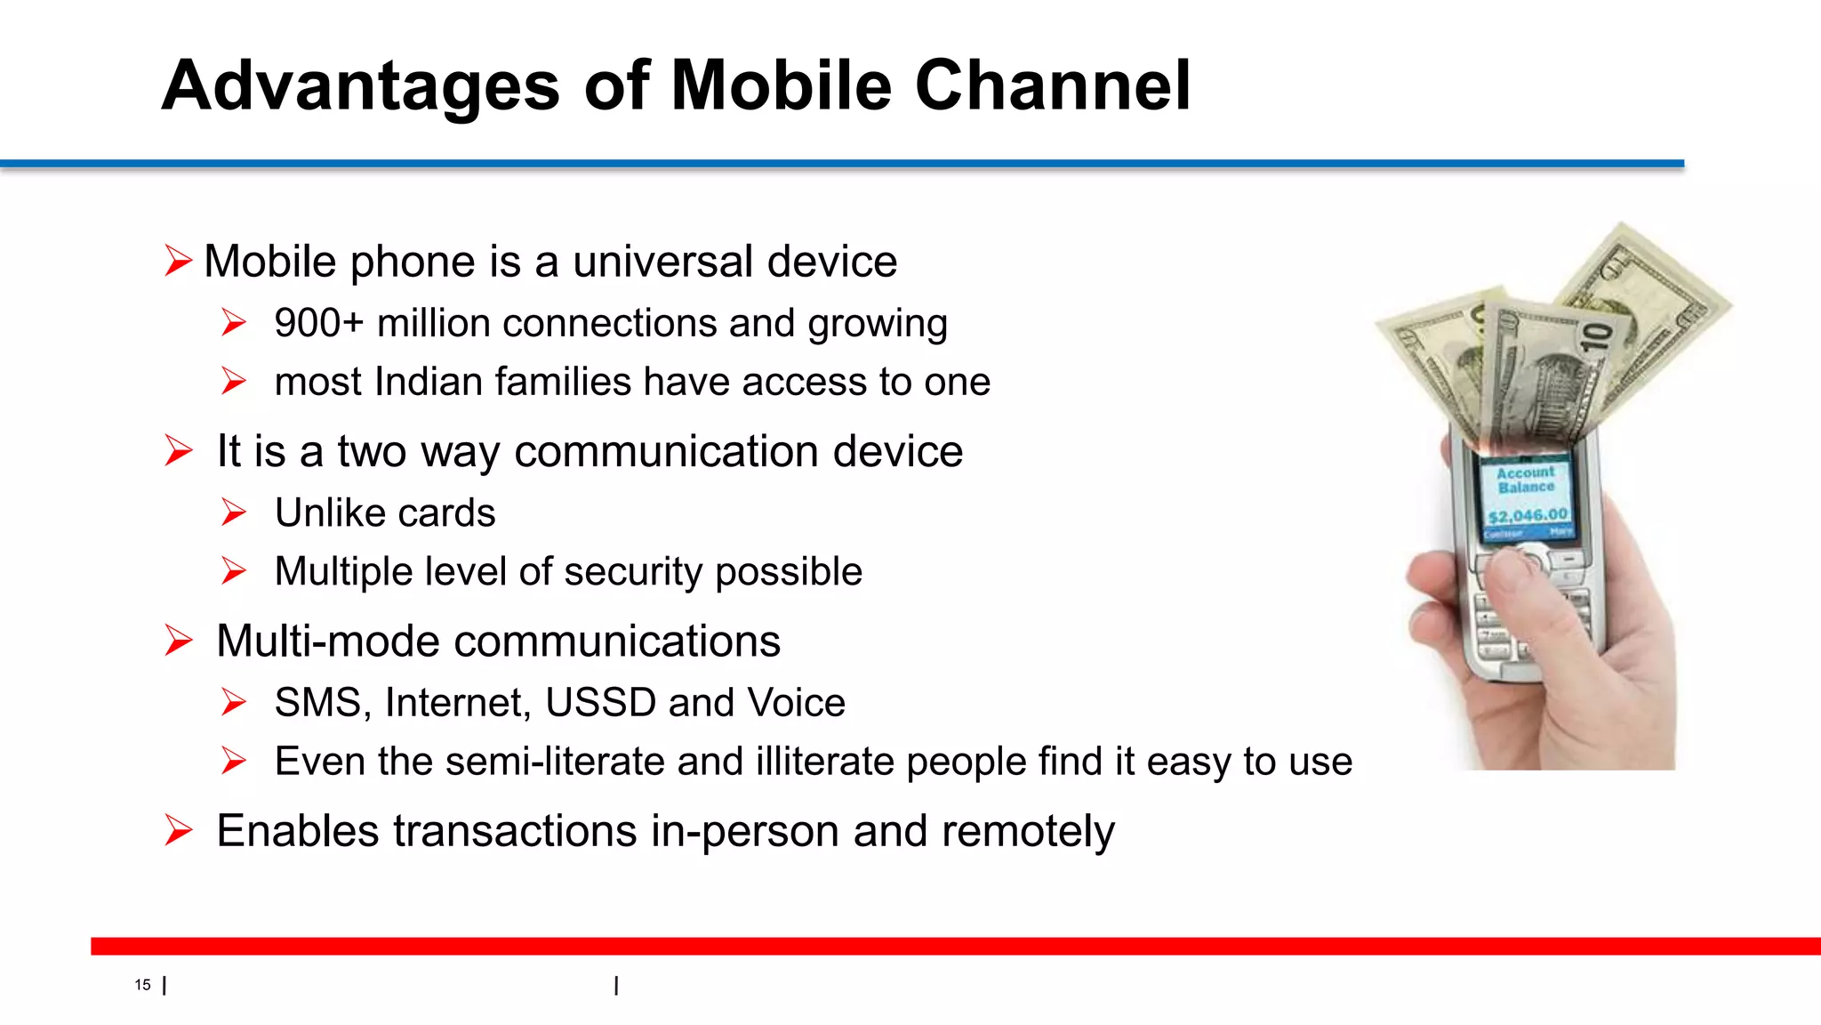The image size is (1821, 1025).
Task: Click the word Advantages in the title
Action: pyautogui.click(x=360, y=86)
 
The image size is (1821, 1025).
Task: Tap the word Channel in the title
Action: pyautogui.click(x=1053, y=86)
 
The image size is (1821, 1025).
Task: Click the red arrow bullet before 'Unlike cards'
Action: pyautogui.click(x=234, y=512)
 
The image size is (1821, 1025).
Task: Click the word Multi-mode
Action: pyautogui.click(x=326, y=642)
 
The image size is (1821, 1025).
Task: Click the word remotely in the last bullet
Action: pyautogui.click(x=1027, y=832)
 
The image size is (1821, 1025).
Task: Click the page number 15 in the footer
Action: pyautogui.click(x=142, y=985)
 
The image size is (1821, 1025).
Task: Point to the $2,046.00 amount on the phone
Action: pyautogui.click(x=1528, y=515)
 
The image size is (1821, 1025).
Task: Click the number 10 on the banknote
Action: pyautogui.click(x=1596, y=337)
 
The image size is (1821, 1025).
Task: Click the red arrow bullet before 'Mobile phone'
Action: pyautogui.click(x=178, y=262)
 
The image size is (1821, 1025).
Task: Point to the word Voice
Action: pyautogui.click(x=796, y=703)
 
